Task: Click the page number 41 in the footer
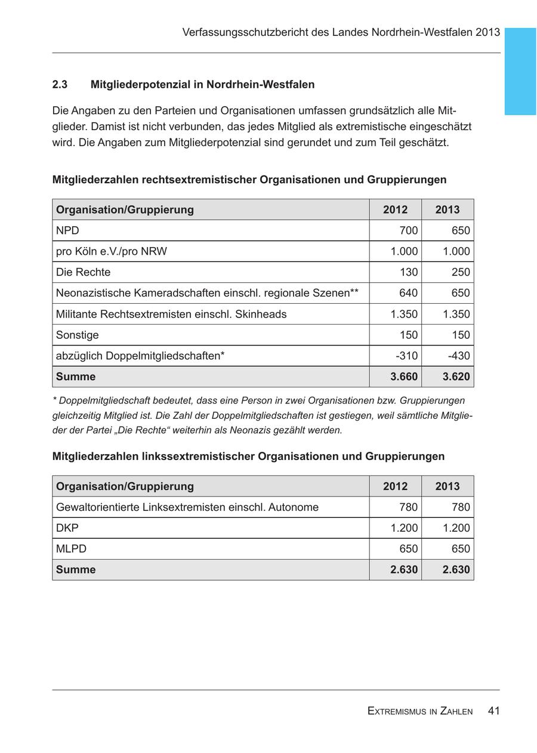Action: click(x=493, y=711)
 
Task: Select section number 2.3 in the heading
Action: click(x=60, y=85)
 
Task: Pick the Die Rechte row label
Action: click(x=84, y=273)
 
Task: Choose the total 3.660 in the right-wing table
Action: click(x=404, y=377)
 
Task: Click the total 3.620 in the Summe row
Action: click(x=456, y=377)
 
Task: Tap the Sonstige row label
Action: click(x=78, y=335)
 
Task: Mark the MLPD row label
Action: click(x=71, y=549)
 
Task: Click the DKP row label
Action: click(x=67, y=528)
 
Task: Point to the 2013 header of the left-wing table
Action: click(x=447, y=486)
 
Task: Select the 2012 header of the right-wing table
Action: click(x=396, y=209)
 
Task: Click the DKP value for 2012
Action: click(x=404, y=528)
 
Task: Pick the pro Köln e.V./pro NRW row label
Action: click(x=112, y=252)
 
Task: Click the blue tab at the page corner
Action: click(x=520, y=71)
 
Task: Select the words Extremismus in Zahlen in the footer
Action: click(x=420, y=711)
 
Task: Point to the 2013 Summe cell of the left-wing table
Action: click(x=456, y=570)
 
